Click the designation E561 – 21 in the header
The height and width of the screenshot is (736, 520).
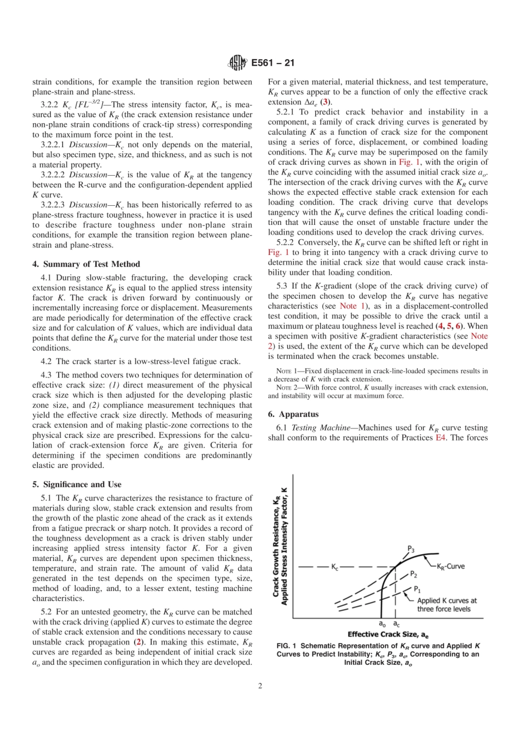pyautogui.click(x=273, y=63)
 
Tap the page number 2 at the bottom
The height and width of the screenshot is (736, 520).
pyautogui.click(x=260, y=686)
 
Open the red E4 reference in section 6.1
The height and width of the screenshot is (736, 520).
pyautogui.click(x=440, y=438)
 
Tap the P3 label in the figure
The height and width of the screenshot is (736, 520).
pyautogui.click(x=411, y=549)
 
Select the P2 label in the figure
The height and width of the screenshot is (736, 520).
pyautogui.click(x=414, y=575)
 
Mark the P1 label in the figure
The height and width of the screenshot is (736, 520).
pyautogui.click(x=417, y=589)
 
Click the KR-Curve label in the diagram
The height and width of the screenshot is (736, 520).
pyautogui.click(x=450, y=566)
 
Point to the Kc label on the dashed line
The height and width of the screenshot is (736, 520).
pyautogui.click(x=334, y=567)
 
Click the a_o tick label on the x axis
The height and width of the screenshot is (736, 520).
pyautogui.click(x=382, y=624)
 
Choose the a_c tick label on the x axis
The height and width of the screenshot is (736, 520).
pyautogui.click(x=396, y=624)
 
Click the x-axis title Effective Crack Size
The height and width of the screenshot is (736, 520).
pyautogui.click(x=388, y=634)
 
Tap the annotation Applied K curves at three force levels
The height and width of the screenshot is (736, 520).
pyautogui.click(x=446, y=605)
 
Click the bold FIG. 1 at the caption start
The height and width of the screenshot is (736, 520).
pyautogui.click(x=286, y=646)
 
